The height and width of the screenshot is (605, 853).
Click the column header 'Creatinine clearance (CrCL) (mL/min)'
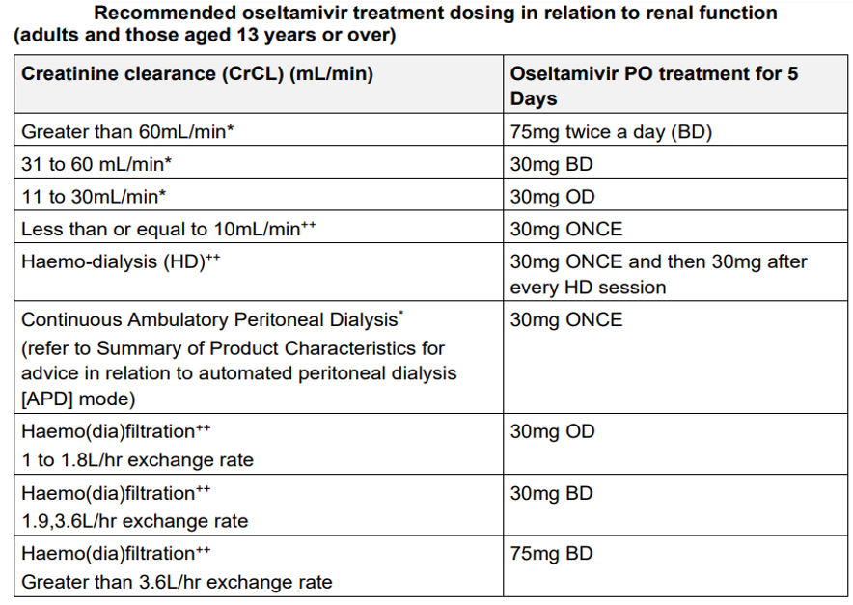[197, 73]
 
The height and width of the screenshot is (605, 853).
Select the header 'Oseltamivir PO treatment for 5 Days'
[654, 86]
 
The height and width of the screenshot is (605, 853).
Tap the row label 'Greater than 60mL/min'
[127, 131]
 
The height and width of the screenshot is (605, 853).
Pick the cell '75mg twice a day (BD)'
[611, 132]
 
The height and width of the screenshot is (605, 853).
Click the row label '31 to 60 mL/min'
[96, 164]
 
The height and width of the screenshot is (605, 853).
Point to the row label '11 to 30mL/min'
[94, 197]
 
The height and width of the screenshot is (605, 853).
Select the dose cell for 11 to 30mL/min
[552, 197]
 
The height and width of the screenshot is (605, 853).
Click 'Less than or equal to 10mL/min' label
[168, 229]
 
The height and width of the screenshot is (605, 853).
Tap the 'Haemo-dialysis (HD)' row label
[121, 261]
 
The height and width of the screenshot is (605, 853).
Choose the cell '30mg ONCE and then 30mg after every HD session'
[658, 274]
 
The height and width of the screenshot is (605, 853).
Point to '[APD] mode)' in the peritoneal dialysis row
[78, 399]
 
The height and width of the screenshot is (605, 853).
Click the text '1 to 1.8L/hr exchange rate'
[138, 460]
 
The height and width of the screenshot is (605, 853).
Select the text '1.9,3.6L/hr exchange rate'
[135, 521]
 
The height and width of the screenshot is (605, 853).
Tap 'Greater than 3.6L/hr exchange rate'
[177, 582]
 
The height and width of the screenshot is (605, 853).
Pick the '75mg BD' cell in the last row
[551, 554]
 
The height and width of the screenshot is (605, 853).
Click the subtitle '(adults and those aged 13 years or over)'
[205, 36]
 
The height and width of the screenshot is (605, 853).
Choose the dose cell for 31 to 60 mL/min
[551, 164]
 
